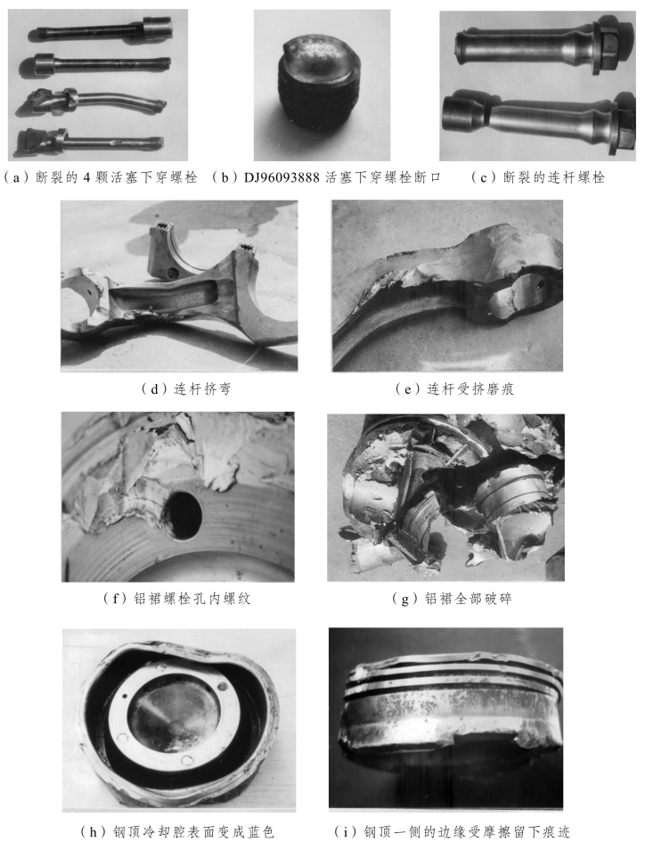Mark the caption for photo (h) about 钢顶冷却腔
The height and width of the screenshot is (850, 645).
point(178,831)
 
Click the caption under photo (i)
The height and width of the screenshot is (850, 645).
point(452,831)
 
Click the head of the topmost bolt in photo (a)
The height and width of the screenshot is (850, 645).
point(157,26)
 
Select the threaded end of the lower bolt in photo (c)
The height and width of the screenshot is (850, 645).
point(461,114)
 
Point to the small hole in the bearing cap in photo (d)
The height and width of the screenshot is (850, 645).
point(172,271)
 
